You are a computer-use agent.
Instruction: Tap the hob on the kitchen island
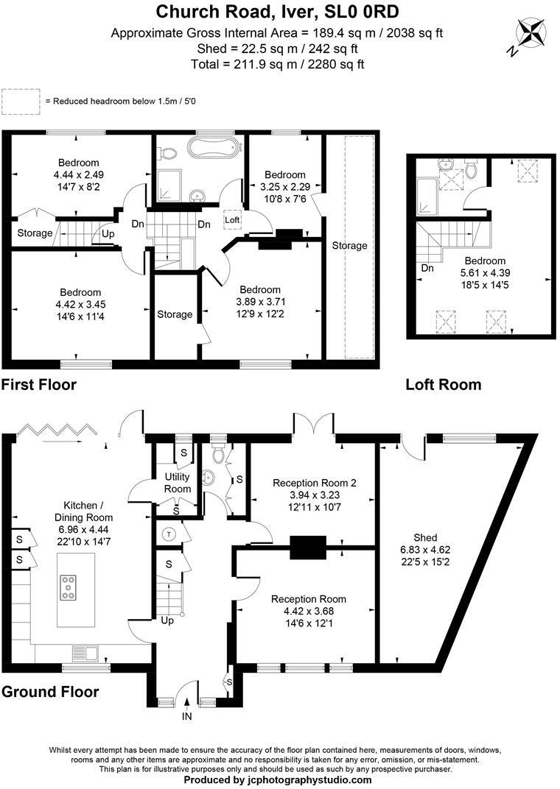coord(69,588)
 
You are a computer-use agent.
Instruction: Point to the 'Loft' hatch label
coord(232,219)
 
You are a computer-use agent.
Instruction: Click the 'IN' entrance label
coord(187,715)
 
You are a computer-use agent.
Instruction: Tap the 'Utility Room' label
coord(178,484)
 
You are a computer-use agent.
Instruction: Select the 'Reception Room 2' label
coord(315,483)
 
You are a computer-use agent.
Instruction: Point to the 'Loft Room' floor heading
coord(443,384)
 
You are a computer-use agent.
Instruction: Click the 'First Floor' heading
coord(39,384)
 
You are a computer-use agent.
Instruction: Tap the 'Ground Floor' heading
coord(50,692)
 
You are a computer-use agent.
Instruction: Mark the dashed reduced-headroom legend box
coord(21,102)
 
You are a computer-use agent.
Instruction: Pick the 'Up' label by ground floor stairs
coord(167,620)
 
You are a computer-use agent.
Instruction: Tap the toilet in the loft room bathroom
coord(472,169)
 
